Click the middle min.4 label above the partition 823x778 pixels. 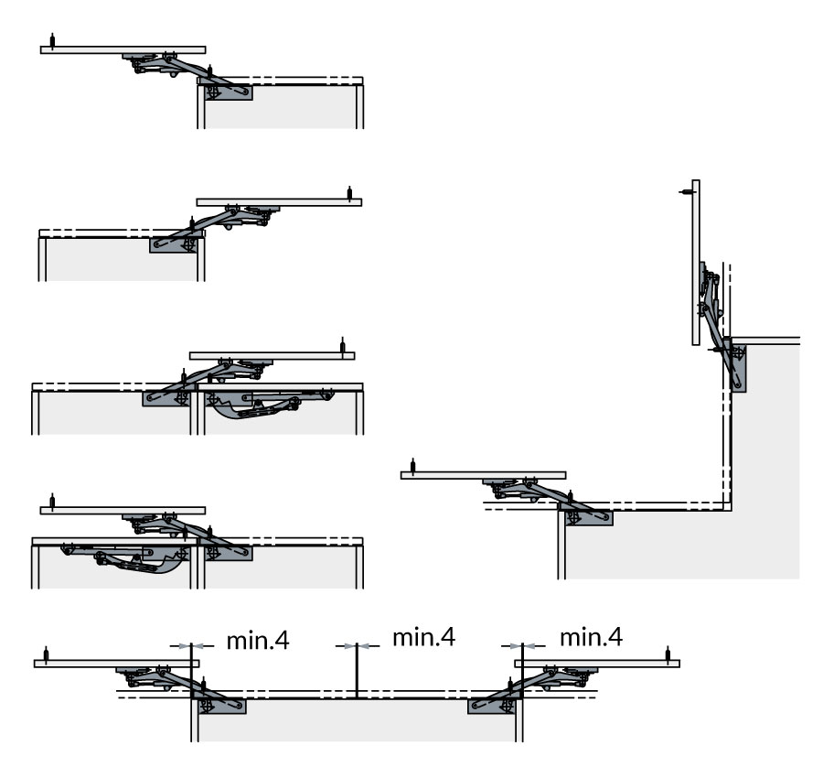coord(423,637)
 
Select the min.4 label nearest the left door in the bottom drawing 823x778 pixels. coord(258,639)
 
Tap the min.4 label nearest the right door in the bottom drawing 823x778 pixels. coord(591,637)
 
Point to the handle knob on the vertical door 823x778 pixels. coord(685,191)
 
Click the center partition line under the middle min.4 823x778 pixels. coord(356,677)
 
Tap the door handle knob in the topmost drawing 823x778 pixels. coord(56,42)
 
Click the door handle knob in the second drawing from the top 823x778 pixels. coord(349,192)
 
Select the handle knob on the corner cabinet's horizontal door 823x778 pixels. coord(413,466)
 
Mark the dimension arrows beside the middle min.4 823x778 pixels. coord(356,646)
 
